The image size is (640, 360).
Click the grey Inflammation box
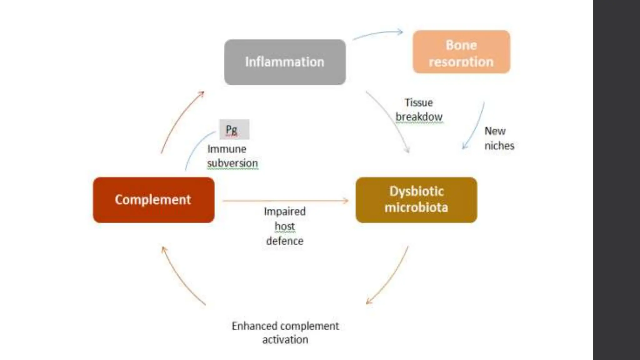click(285, 62)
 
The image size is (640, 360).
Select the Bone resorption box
click(461, 52)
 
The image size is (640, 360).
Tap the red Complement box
click(153, 200)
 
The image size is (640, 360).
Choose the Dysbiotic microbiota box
click(416, 200)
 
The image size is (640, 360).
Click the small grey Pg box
click(234, 129)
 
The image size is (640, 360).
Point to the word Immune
click(227, 149)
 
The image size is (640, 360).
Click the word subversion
click(232, 163)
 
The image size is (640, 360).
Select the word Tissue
click(418, 103)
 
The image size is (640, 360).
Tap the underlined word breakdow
click(419, 117)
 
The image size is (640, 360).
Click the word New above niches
click(495, 131)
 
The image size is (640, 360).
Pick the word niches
click(499, 146)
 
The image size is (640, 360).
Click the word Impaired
click(285, 212)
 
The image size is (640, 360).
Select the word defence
click(285, 241)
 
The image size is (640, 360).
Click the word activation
click(285, 340)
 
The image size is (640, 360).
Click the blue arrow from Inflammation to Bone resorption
click(378, 33)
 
